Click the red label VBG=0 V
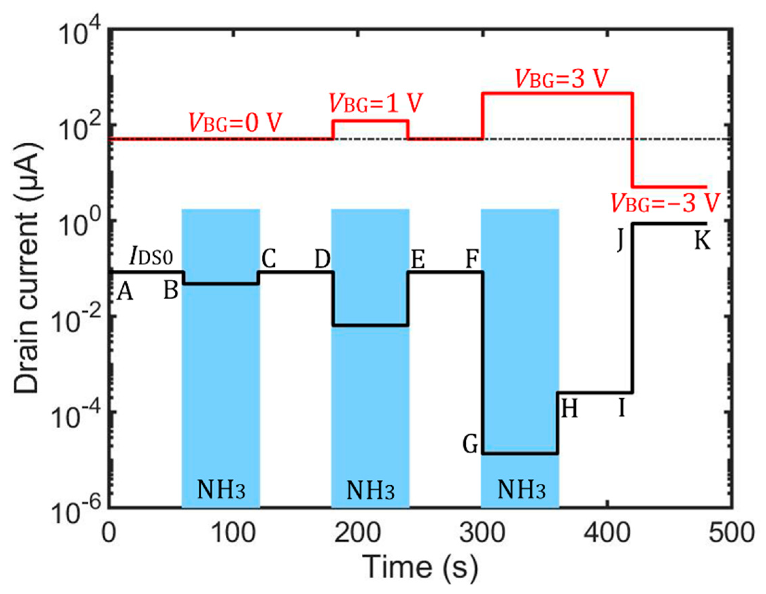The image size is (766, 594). tap(235, 123)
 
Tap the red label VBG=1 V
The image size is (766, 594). tap(376, 103)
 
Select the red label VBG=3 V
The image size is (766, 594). tap(562, 78)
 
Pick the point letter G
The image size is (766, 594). tap(470, 445)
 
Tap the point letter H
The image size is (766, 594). tap(569, 409)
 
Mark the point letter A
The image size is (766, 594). tap(125, 292)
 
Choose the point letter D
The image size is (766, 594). tap(322, 260)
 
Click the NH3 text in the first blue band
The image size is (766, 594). tap(221, 490)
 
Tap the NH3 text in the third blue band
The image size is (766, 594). tap(522, 490)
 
